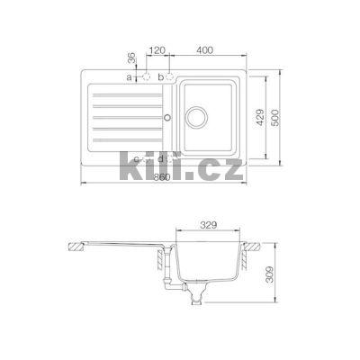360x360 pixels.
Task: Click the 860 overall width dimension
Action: pos(162,177)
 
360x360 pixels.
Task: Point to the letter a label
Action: pos(130,78)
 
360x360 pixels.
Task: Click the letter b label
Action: pos(160,78)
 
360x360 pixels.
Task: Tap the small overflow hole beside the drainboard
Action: pos(165,117)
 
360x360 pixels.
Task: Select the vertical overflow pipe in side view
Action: pos(165,261)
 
